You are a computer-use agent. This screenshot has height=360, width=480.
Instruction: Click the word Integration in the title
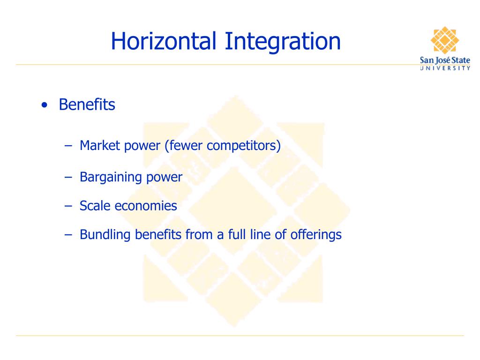[282, 41]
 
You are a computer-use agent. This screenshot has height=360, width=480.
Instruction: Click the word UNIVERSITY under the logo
[445, 68]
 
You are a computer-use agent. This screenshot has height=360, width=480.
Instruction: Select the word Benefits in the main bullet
[87, 105]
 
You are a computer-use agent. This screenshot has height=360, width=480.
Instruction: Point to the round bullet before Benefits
[44, 105]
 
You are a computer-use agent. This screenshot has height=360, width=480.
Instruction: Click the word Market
[100, 146]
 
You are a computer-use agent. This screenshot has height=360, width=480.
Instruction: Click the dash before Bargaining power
[68, 177]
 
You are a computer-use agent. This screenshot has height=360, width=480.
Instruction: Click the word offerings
[315, 234]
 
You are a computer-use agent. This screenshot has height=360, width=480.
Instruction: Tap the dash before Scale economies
[68, 206]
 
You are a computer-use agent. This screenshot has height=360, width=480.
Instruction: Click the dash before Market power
[68, 146]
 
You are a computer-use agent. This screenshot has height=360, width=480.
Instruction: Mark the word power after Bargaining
[165, 177]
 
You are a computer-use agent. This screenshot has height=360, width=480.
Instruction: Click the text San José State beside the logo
[445, 60]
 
